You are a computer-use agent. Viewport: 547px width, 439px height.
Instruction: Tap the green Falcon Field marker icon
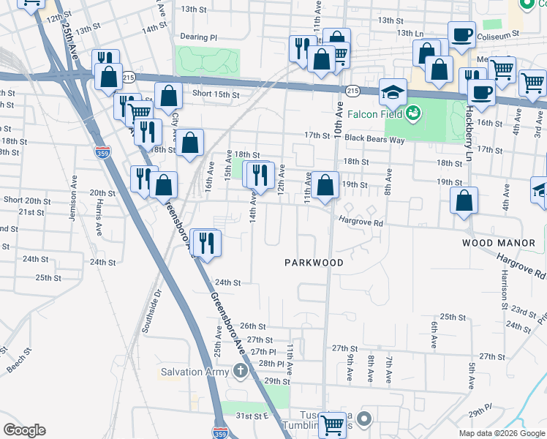click(414, 113)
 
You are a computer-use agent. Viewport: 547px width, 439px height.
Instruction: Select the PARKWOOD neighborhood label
click(313, 261)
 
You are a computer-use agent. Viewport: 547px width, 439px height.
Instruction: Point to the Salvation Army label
click(192, 372)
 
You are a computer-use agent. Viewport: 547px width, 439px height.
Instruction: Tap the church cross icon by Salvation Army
click(240, 371)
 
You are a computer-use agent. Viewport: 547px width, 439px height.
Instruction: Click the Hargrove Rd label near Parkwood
click(360, 222)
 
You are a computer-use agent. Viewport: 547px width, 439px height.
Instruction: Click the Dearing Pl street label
click(198, 37)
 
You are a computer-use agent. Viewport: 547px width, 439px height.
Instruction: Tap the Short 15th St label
click(216, 94)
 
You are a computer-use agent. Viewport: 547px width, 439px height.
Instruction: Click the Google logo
click(24, 430)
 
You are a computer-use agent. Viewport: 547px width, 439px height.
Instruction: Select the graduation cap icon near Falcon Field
click(393, 93)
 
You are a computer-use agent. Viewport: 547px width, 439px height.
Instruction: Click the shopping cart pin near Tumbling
click(333, 424)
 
